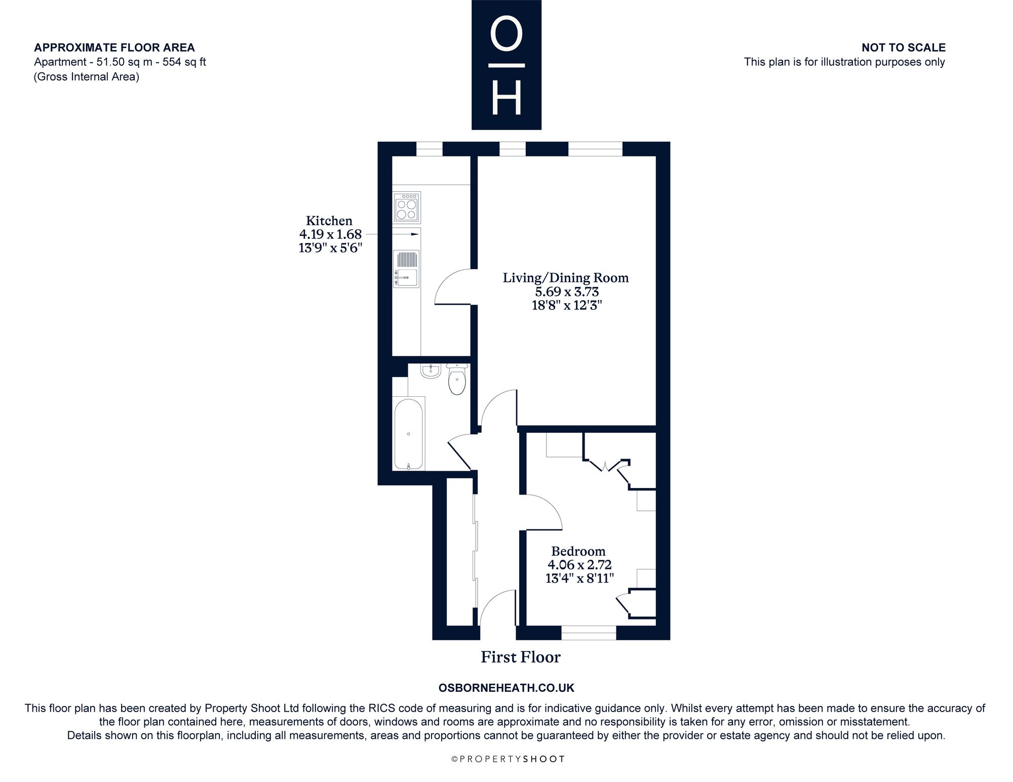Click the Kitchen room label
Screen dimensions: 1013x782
329,221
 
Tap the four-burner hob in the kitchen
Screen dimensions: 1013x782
407,208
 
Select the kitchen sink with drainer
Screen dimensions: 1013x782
407,269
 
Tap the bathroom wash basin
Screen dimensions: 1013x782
431,371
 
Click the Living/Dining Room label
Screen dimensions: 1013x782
566,277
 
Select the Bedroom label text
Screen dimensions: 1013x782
578,551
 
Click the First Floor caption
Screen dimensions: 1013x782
521,657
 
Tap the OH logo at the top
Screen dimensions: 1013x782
506,65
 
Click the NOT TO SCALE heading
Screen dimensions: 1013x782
904,48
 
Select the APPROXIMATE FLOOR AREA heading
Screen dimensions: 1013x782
114,48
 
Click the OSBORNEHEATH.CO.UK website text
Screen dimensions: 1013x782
506,688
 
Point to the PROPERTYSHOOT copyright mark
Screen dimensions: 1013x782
508,759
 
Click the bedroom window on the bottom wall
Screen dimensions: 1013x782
589,633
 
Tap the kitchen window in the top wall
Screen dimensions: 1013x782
430,149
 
